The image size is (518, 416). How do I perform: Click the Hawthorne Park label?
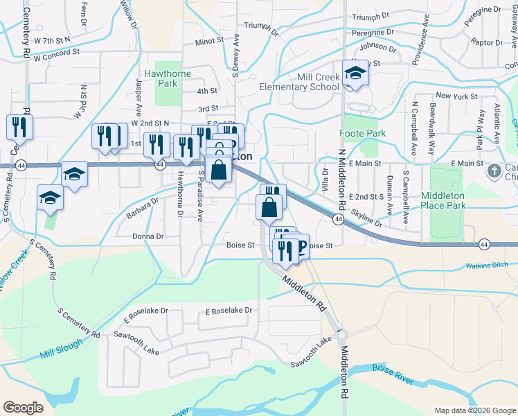click(162, 78)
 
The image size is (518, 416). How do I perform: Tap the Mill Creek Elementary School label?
click(299, 82)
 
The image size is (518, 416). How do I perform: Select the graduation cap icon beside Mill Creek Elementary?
click(355, 73)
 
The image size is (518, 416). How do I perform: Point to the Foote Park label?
click(362, 132)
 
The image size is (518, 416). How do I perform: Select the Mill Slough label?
click(61, 349)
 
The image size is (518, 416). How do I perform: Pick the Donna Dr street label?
click(148, 236)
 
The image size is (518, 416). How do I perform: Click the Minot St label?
click(209, 41)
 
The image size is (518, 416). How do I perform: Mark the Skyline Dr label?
click(366, 217)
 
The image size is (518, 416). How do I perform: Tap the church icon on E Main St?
click(494, 171)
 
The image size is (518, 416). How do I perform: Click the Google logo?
click(24, 408)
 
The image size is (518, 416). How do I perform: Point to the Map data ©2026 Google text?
click(474, 410)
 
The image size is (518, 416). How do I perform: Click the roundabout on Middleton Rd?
click(341, 333)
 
